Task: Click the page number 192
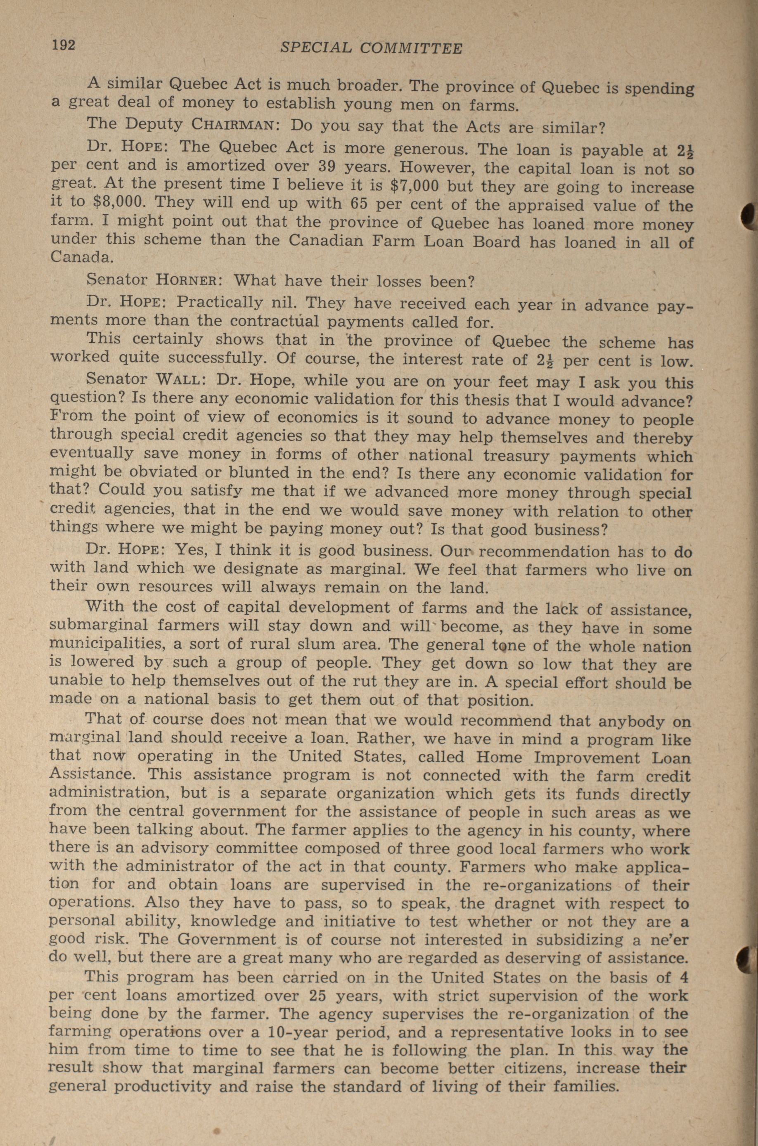pos(64,45)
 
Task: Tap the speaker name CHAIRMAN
pos(234,125)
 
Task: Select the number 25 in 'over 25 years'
pos(327,995)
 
